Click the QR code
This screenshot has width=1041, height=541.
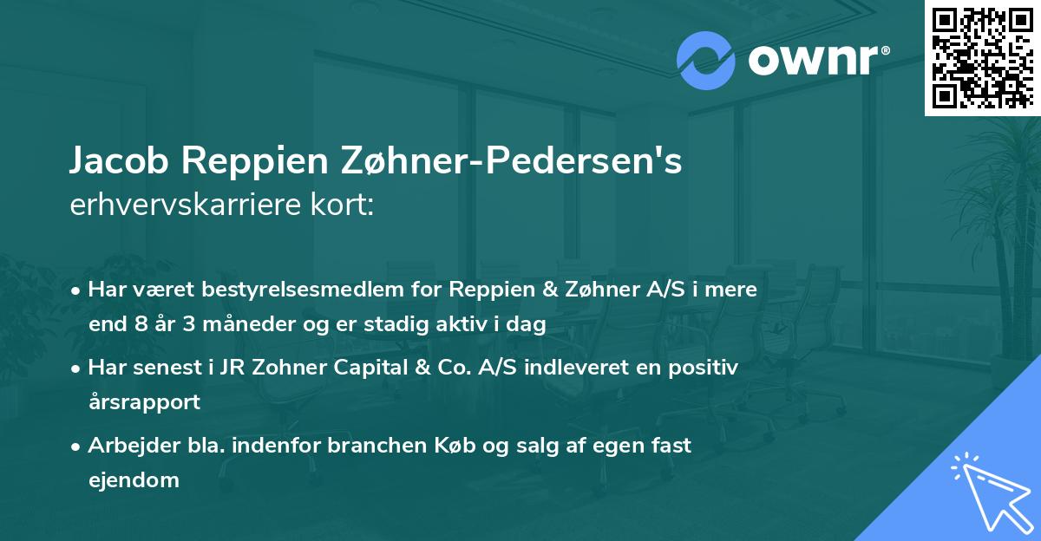click(982, 58)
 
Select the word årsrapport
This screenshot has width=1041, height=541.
click(144, 401)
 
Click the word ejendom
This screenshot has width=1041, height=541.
click(134, 479)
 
